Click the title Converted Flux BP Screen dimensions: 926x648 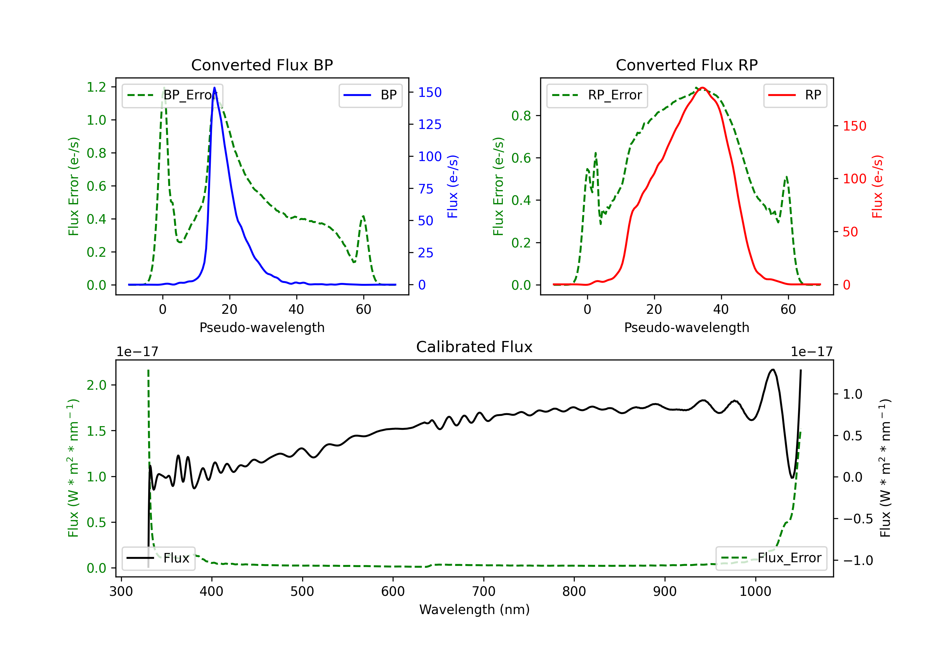tap(262, 65)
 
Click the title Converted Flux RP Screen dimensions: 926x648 tap(686, 65)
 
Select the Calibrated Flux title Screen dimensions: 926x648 tap(474, 347)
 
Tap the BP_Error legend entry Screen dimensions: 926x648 tap(172, 95)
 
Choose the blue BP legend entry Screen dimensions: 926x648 tap(370, 95)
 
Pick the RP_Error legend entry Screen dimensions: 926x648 tap(597, 95)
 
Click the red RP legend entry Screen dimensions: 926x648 tap(795, 95)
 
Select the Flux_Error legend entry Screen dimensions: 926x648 tap(771, 558)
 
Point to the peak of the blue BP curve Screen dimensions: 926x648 tap(214, 88)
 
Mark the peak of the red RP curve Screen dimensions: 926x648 tap(702, 88)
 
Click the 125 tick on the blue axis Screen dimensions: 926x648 tap(430, 125)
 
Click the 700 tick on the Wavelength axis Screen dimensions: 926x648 tap(483, 592)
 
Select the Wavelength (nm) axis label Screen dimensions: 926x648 tap(474, 610)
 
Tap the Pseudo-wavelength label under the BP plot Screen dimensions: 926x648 tap(262, 327)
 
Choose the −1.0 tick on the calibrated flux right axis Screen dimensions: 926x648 tap(858, 560)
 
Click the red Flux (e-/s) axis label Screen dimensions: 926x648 tap(877, 186)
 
